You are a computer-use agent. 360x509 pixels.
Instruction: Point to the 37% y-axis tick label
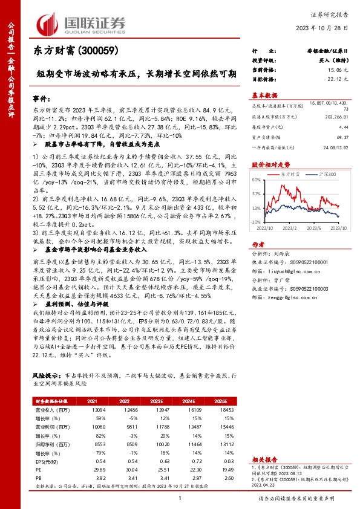tap(256, 194)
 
